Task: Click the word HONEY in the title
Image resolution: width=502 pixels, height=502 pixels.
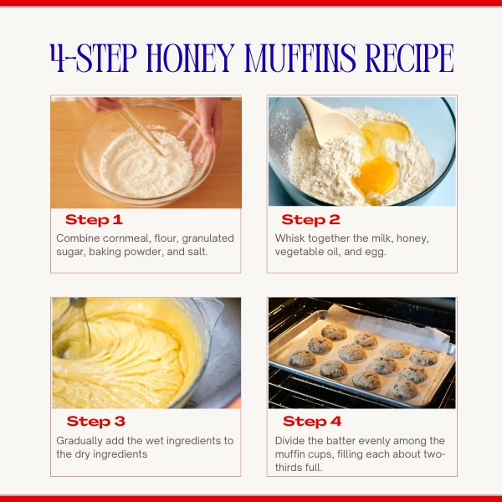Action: click(x=190, y=58)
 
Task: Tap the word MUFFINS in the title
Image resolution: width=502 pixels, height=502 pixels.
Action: click(x=300, y=58)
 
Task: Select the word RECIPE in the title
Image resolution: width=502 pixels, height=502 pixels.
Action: click(x=409, y=58)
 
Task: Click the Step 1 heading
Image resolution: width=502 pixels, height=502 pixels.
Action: click(x=94, y=219)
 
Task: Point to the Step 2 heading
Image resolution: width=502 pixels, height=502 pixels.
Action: click(x=310, y=219)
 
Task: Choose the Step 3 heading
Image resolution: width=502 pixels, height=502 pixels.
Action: click(x=95, y=422)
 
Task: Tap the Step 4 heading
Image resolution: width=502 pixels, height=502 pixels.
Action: click(x=312, y=422)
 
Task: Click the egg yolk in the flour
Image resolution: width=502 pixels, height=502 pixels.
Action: click(x=376, y=176)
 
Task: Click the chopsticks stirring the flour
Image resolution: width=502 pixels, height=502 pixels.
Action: click(x=141, y=130)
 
